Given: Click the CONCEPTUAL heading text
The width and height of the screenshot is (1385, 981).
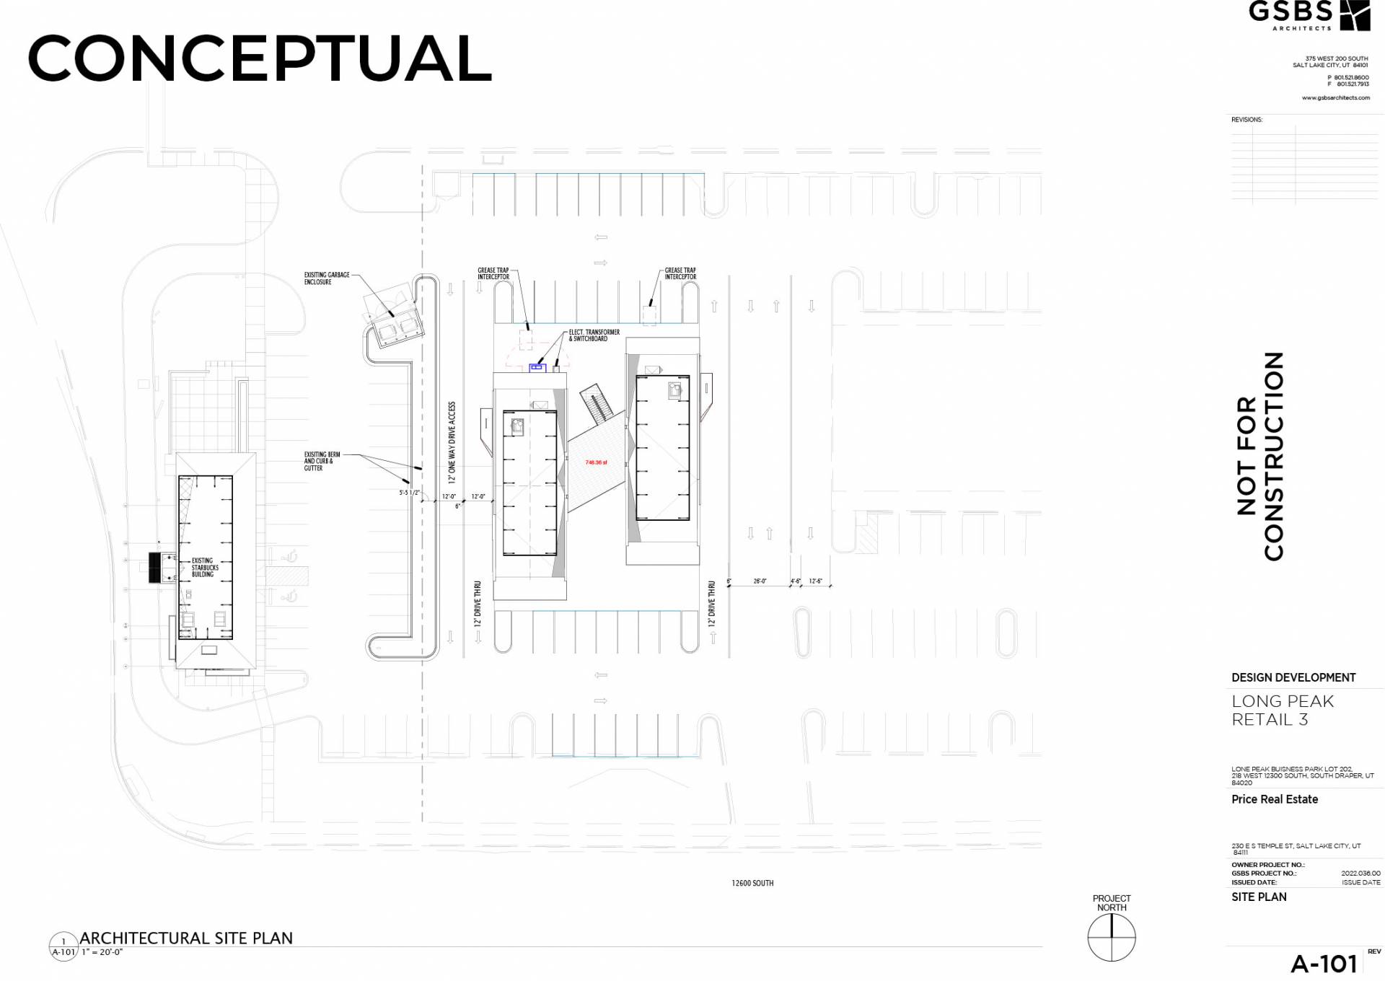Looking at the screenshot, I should click(260, 58).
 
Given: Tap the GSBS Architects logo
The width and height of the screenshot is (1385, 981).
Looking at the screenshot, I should click(1309, 15).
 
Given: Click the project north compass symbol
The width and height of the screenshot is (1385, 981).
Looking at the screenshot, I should click(1112, 937).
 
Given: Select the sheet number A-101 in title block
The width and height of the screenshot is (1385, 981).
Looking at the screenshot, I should click(1324, 964).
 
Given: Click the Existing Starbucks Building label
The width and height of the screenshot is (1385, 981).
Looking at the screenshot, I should click(204, 568).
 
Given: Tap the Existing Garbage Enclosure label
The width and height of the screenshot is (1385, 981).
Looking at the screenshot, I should click(327, 278).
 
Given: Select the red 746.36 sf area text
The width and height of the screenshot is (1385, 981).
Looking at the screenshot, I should click(596, 462).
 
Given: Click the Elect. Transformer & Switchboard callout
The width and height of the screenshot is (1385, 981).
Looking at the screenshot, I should click(594, 335).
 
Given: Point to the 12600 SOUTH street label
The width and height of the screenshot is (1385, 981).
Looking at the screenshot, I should click(752, 883).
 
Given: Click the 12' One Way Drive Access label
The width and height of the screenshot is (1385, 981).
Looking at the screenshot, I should click(452, 442).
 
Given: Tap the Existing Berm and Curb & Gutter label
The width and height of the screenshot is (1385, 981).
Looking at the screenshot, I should click(322, 462).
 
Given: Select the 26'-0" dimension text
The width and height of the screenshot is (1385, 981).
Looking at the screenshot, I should click(760, 581).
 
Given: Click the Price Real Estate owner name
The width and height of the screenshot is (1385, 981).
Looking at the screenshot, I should click(1275, 799).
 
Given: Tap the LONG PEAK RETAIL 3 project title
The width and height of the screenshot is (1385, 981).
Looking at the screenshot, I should click(1283, 710).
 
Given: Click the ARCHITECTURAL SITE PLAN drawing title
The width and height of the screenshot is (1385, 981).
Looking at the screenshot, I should click(186, 938).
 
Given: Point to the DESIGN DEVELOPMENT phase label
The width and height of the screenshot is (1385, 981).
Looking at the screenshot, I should click(1293, 677).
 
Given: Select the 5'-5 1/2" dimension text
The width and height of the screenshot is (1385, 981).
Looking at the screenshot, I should click(409, 493).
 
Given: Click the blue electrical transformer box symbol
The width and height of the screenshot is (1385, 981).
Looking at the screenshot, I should click(537, 368).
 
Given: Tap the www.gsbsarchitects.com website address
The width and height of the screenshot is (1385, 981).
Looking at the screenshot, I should click(1335, 97).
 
